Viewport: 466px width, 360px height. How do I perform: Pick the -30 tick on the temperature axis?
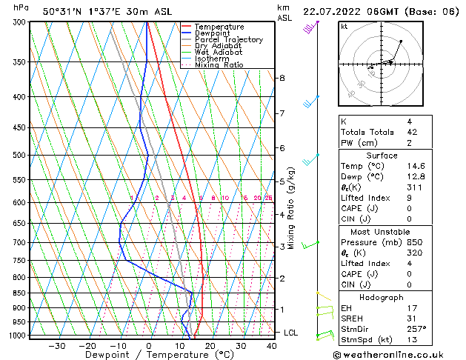tap(56, 345)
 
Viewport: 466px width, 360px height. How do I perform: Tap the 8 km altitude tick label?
tap(282, 78)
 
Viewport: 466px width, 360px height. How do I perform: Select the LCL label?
tap(291, 333)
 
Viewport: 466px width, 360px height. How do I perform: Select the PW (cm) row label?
tap(359, 143)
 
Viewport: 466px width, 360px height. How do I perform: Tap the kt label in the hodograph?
tap(344, 27)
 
